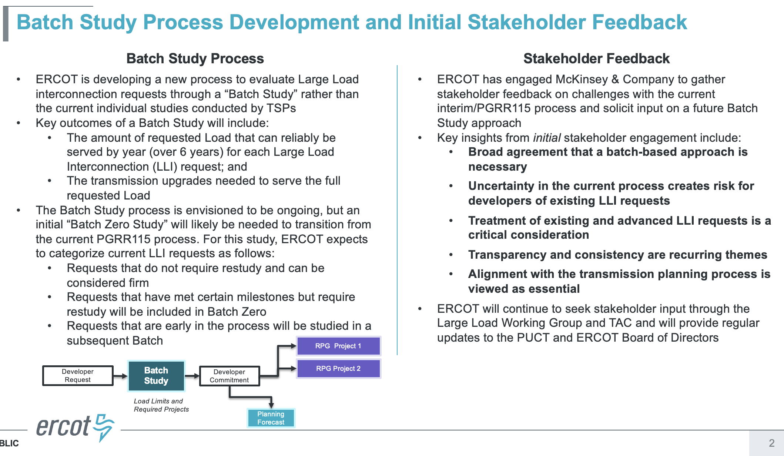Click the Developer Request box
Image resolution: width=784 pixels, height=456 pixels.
point(78,376)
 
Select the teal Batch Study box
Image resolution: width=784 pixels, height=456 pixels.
point(156,376)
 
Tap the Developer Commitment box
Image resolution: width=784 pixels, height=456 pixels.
point(229,376)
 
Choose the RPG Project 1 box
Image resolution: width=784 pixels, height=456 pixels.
point(338,346)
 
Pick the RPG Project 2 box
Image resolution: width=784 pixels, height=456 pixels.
point(338,369)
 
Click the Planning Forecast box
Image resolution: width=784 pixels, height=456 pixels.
point(271,418)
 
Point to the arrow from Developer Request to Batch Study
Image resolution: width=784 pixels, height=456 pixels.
point(121,376)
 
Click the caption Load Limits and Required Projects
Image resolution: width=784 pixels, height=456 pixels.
point(161,405)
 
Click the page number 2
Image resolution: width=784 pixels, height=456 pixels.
point(771,443)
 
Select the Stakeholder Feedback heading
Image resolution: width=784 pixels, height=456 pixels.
point(596,58)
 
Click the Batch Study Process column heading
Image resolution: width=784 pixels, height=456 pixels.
point(195,58)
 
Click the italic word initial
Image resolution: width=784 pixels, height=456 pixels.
point(547,138)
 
